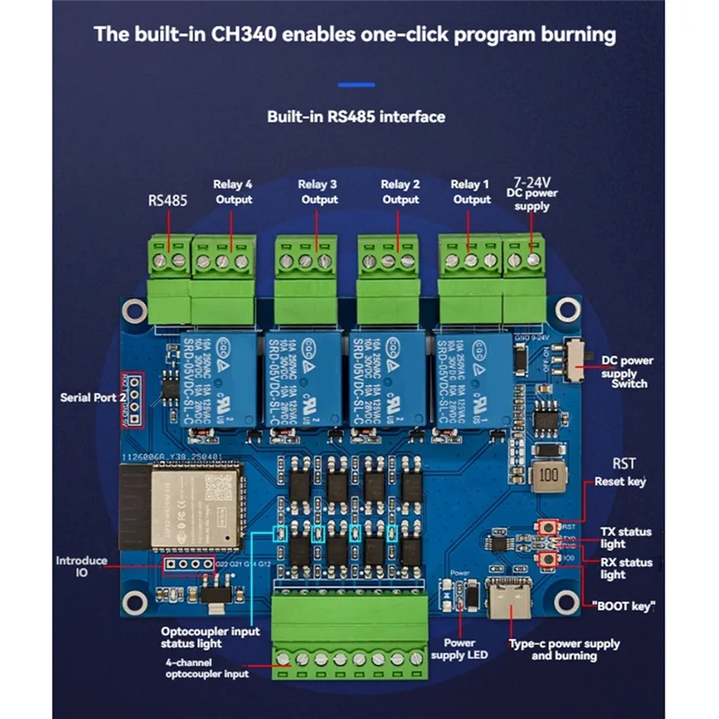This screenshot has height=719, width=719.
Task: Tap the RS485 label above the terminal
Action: pos(167,201)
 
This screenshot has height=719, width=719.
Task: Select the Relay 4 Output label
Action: pos(233,191)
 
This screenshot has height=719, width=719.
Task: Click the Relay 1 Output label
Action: pos(471,191)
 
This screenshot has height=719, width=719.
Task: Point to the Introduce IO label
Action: pos(82,567)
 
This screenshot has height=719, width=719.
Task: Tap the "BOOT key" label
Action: pos(624,606)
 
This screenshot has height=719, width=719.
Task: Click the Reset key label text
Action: pos(620,482)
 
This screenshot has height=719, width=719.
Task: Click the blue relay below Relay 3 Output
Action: pos(303,377)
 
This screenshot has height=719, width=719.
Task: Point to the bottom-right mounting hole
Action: pos(567,599)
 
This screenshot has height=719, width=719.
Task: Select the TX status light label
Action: pos(626,538)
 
